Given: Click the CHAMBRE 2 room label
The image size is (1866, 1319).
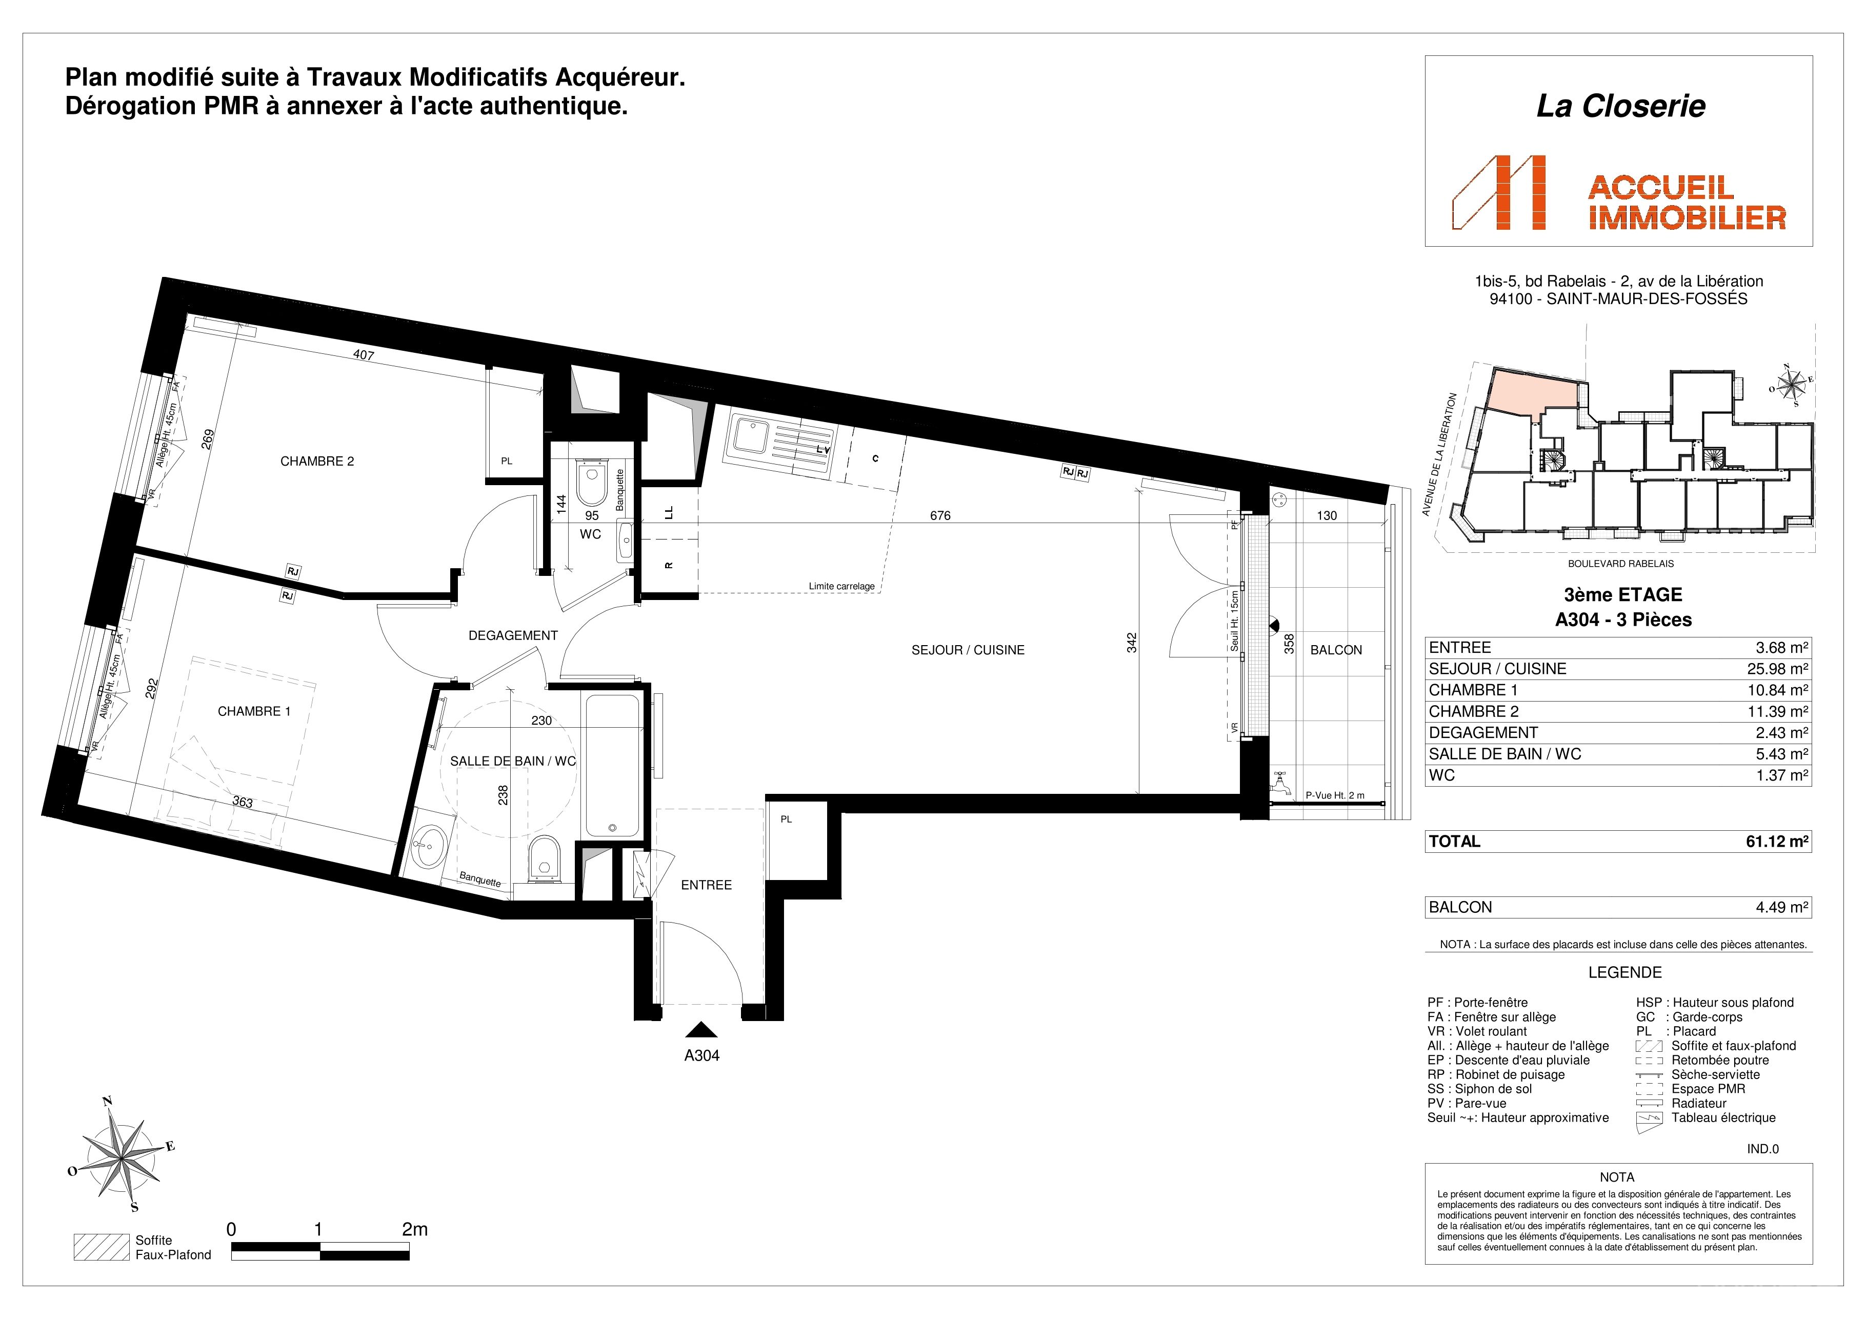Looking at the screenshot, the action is pyautogui.click(x=317, y=462).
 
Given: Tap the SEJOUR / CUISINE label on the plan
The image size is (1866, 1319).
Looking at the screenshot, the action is pyautogui.click(x=968, y=650).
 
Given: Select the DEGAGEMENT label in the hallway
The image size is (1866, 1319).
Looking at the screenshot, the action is pyautogui.click(x=513, y=635).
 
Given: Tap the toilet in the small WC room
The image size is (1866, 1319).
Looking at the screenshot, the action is pyautogui.click(x=591, y=483).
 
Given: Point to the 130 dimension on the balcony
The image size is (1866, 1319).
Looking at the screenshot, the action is pyautogui.click(x=1327, y=515).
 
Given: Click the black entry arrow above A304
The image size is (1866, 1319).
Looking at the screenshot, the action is pyautogui.click(x=701, y=1030).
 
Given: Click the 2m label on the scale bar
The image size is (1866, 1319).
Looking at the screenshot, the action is pyautogui.click(x=414, y=1230).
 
